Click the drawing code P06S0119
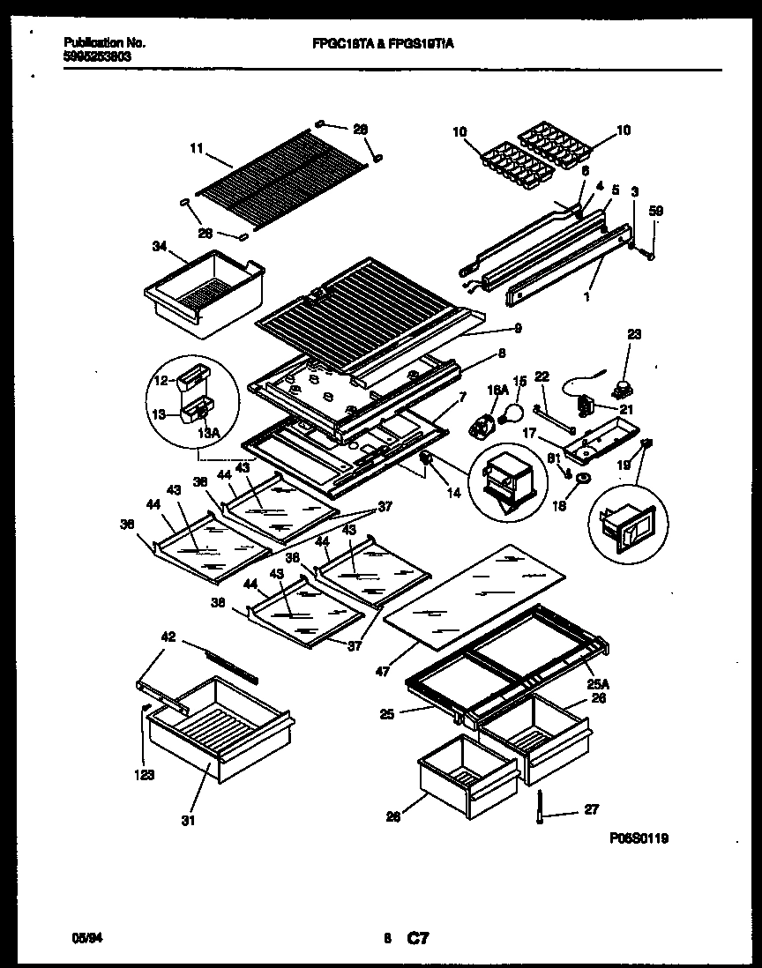[638, 840]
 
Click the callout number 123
[145, 776]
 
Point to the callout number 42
[168, 635]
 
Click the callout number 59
[655, 211]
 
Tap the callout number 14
[453, 493]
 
